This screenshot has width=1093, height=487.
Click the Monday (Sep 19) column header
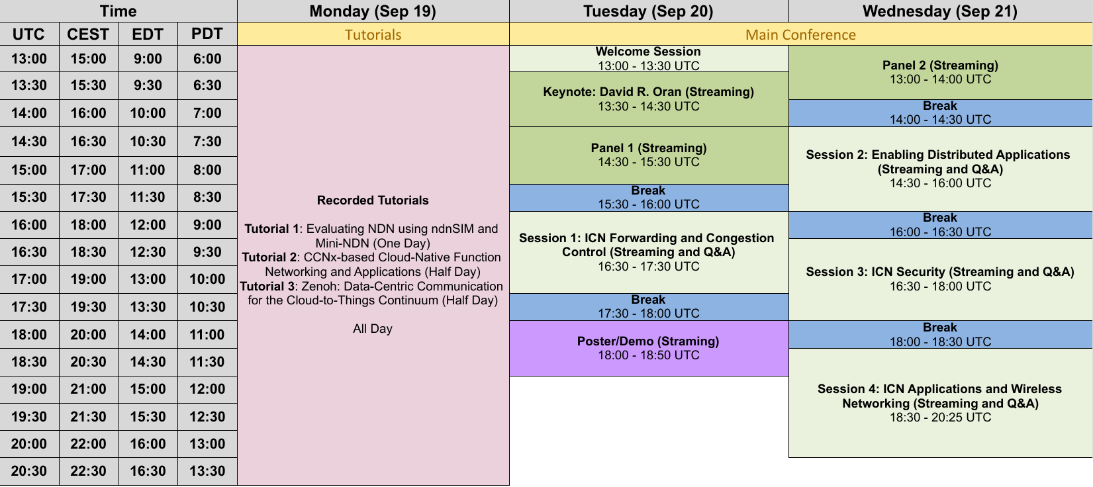pos(373,11)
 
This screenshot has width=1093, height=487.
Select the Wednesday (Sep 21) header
pos(940,11)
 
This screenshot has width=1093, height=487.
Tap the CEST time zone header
pos(88,34)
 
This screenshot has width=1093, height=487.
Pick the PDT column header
pos(207,34)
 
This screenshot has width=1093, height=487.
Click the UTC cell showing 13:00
pos(29,59)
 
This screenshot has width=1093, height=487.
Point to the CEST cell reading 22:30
pos(88,471)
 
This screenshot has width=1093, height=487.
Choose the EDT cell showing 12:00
pos(148,225)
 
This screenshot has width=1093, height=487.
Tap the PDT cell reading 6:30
pos(207,85)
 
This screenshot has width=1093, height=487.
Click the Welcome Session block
pos(649,58)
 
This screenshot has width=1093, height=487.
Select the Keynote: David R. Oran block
pos(649,99)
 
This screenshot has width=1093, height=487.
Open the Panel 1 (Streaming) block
pos(649,155)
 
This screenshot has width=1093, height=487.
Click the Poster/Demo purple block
pos(649,348)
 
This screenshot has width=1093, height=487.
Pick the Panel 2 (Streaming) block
pos(940,72)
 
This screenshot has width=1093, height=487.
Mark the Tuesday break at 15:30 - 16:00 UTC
pos(649,197)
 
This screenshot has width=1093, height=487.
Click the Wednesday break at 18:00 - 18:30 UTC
pos(940,334)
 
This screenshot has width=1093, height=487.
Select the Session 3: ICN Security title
pos(940,272)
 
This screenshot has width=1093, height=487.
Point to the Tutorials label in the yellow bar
pos(373,34)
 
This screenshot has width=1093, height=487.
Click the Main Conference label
pos(800,34)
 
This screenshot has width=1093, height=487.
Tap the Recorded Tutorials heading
pos(373,200)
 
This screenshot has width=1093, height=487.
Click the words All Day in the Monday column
pos(373,329)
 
